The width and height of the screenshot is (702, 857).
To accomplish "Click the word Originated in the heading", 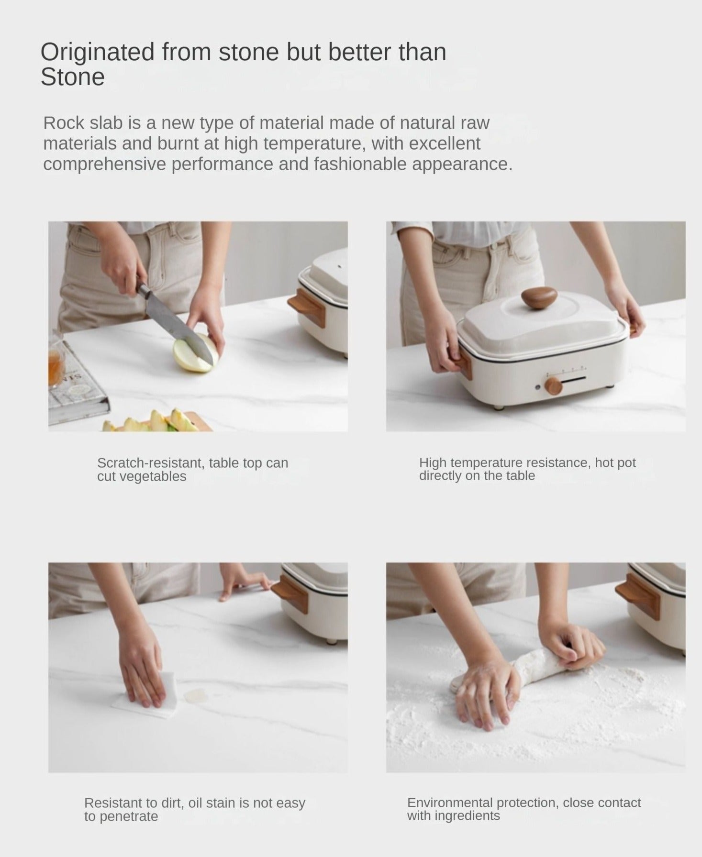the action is [98, 53].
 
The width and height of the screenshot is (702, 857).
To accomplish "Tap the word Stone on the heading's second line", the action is [73, 77].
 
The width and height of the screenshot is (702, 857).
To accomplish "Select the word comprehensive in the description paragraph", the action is [105, 165].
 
